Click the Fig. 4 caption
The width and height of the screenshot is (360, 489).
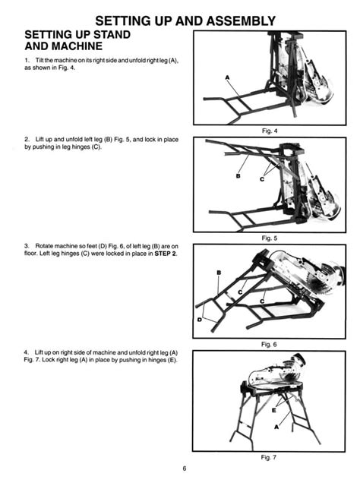tap(270, 131)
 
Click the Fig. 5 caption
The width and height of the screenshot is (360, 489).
tap(269, 238)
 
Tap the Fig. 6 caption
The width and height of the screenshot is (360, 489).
tap(269, 345)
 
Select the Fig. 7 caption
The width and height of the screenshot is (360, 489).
tap(269, 458)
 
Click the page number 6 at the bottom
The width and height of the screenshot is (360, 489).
tap(185, 468)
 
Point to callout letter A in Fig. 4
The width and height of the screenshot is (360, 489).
tap(227, 77)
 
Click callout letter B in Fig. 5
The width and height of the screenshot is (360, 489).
tap(238, 176)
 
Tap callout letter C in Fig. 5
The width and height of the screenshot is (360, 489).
tap(262, 179)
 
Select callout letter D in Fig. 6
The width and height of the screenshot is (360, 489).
tap(200, 320)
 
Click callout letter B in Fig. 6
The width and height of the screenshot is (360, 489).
tap(219, 273)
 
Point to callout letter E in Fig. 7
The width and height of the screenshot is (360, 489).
tap(274, 410)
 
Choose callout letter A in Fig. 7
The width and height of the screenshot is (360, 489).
tap(276, 427)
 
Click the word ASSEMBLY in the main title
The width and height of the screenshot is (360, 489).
tap(242, 21)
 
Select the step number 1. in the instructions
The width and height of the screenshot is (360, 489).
tap(27, 60)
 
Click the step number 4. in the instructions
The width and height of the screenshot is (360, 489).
tap(27, 352)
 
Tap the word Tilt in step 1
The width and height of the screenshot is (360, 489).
tap(39, 60)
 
